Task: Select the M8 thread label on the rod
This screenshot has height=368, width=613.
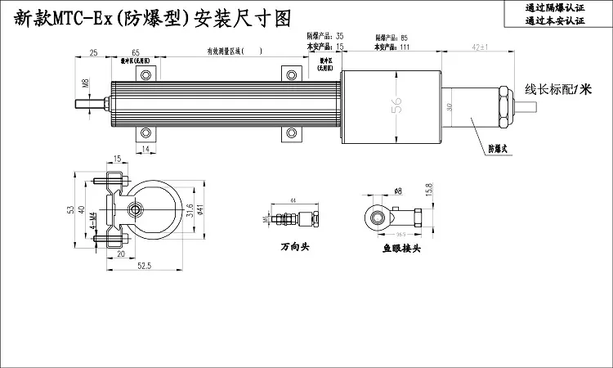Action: pos(85,84)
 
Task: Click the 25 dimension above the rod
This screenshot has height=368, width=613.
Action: pos(93,52)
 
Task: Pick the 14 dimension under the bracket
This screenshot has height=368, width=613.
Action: pos(145,149)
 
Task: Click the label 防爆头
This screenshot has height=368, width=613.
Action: pos(498,149)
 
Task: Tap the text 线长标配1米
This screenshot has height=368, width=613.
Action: pos(557,88)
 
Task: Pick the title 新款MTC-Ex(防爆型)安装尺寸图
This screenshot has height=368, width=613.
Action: pos(153,20)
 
